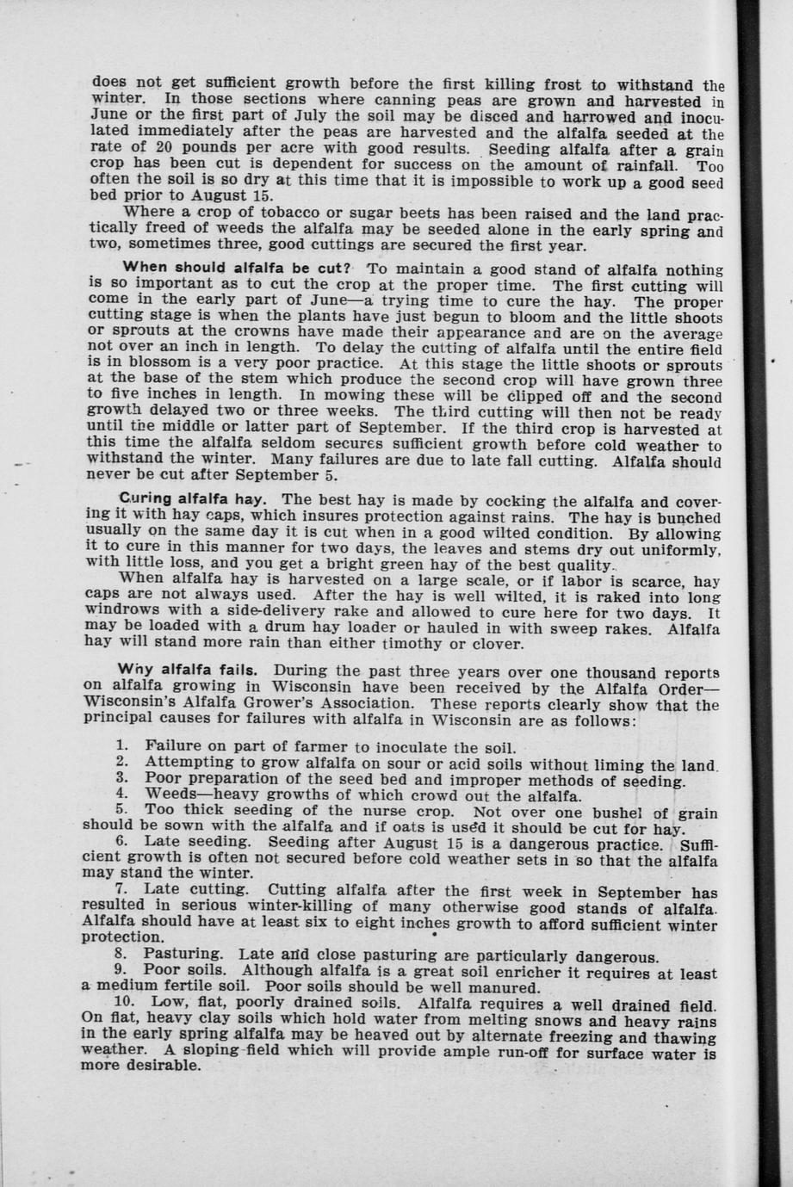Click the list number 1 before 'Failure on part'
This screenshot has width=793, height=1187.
point(121,745)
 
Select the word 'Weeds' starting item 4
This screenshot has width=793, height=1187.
point(174,794)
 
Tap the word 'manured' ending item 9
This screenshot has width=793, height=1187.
point(507,987)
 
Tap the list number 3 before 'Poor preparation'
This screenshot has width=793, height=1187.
point(121,779)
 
